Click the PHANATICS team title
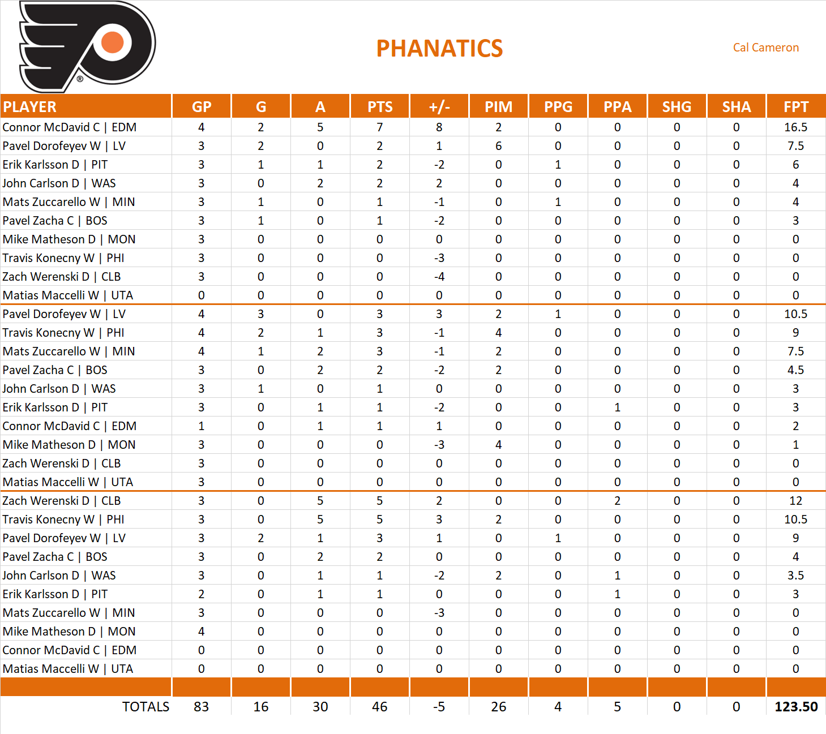click(x=439, y=49)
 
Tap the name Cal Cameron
click(x=765, y=48)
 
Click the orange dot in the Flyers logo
click(x=113, y=42)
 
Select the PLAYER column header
click(x=30, y=107)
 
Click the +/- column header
click(x=439, y=107)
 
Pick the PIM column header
click(x=498, y=107)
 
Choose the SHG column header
click(x=677, y=107)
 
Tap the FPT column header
click(x=795, y=107)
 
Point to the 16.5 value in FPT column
click(x=795, y=127)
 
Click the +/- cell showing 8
click(x=439, y=127)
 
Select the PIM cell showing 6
click(x=498, y=146)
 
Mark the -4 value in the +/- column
click(x=439, y=277)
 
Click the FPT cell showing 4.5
click(x=795, y=370)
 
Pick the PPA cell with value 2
click(x=617, y=501)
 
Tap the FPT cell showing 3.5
click(x=795, y=576)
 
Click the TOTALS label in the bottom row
click(x=145, y=707)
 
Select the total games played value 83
click(x=201, y=707)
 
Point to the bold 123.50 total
click(x=795, y=707)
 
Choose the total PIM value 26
click(x=498, y=707)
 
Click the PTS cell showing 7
click(x=379, y=127)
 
